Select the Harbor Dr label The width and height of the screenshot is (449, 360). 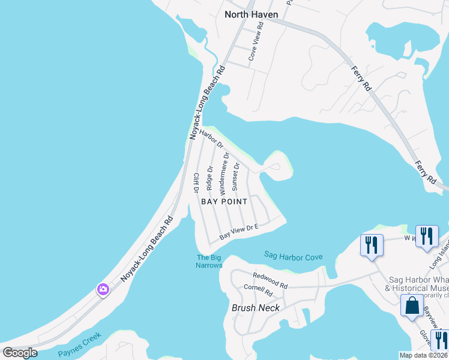[x=212, y=139]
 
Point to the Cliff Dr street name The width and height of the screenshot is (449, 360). [x=196, y=182]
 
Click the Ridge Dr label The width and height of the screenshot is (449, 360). [x=209, y=178]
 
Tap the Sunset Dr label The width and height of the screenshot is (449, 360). [x=236, y=175]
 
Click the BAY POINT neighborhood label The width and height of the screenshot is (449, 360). [x=224, y=202]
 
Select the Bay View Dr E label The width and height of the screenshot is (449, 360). [x=238, y=232]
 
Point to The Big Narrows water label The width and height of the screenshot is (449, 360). [x=209, y=262]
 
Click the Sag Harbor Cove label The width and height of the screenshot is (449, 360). [x=293, y=256]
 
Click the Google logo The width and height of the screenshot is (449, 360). [x=20, y=353]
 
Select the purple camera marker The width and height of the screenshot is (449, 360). [x=103, y=290]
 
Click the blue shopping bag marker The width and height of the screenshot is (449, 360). [x=412, y=305]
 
